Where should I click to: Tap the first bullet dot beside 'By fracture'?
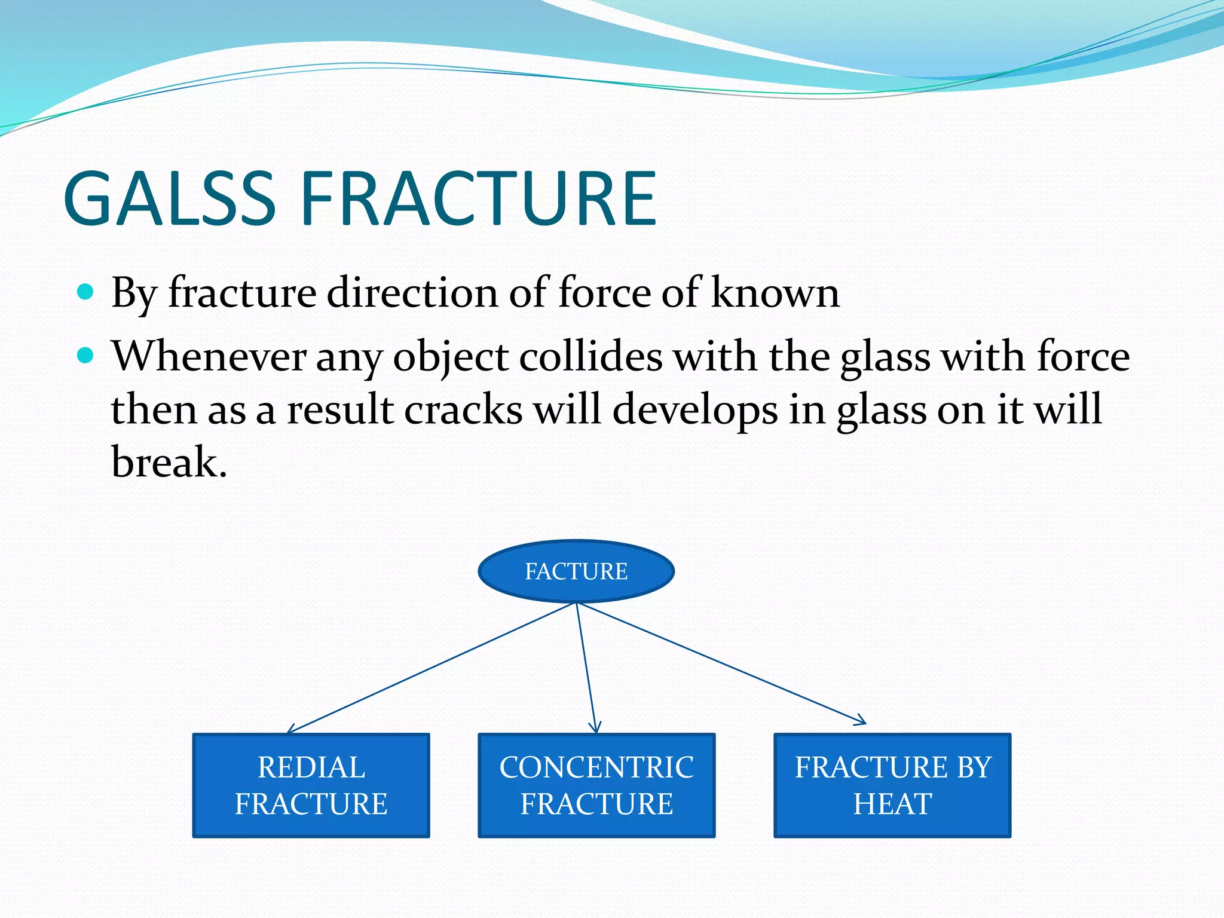click(x=86, y=292)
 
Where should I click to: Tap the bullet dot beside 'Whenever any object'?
click(x=86, y=356)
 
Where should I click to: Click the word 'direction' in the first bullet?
click(x=412, y=293)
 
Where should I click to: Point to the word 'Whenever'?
click(x=209, y=356)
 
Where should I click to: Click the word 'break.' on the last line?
click(x=169, y=463)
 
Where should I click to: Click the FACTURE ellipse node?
click(x=576, y=571)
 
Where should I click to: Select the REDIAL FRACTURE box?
click(x=311, y=785)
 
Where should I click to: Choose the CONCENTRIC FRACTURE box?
click(x=596, y=785)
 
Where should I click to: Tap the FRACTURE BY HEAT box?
click(x=892, y=785)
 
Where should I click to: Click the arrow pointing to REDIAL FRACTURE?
click(x=430, y=668)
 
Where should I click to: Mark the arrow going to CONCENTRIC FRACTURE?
click(x=586, y=668)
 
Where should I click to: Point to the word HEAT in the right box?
click(x=892, y=804)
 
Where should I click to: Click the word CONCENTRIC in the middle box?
click(x=596, y=767)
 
